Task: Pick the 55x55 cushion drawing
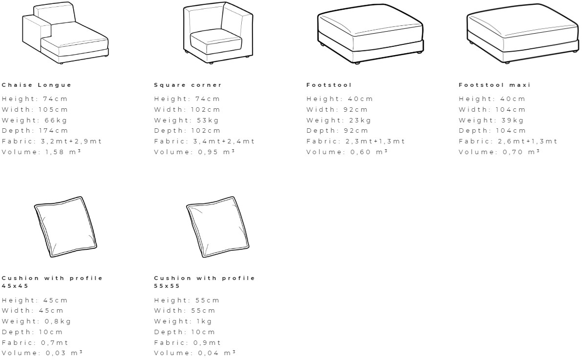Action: pos(219,227)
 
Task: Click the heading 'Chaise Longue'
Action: pos(37,85)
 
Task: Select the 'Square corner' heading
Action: pos(188,85)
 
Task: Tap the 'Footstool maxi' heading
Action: pos(494,85)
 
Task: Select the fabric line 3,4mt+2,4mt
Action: pos(204,141)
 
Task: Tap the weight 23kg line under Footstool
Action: pos(338,120)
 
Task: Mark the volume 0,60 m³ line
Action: pos(347,152)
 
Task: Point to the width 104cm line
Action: pos(492,110)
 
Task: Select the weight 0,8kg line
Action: pos(36,321)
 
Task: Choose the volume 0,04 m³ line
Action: pos(195,353)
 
